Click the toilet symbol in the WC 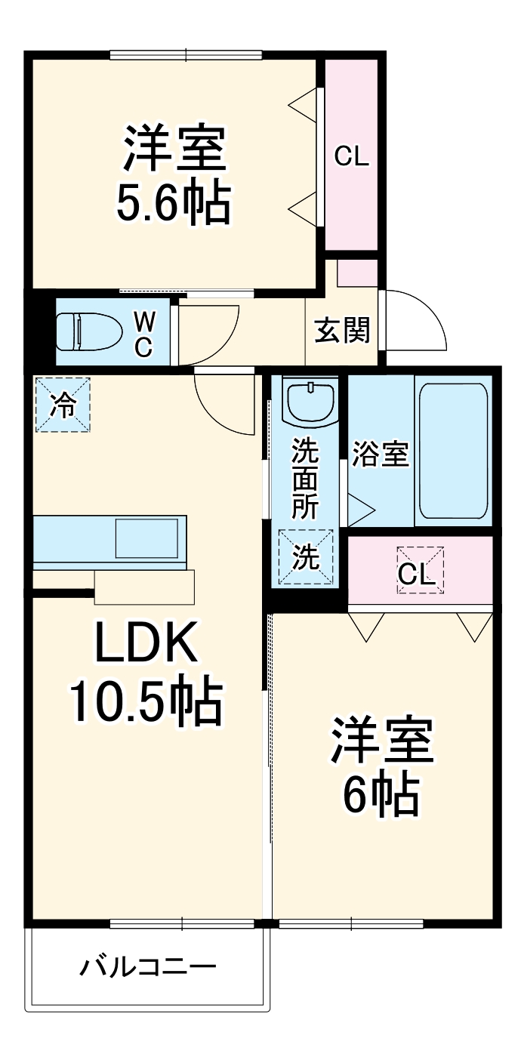tap(89, 332)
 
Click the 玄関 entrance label tap(342, 331)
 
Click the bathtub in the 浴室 tap(452, 451)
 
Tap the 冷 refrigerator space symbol tap(63, 405)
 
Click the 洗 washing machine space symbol tap(306, 558)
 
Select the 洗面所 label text tap(306, 477)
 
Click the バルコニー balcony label tap(149, 966)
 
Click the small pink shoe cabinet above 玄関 tap(356, 273)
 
